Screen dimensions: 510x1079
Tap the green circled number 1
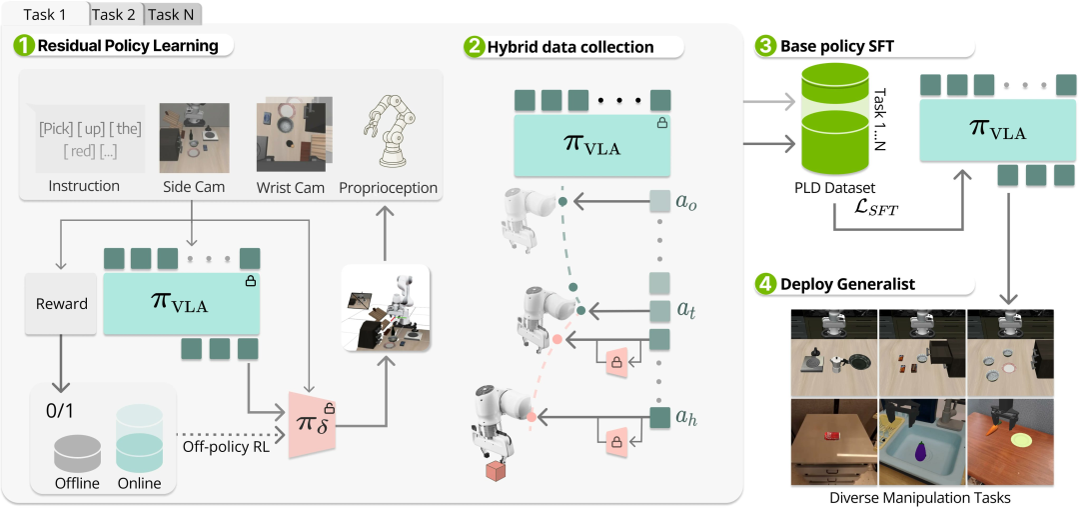[22, 45]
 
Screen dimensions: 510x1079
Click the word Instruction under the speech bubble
[84, 186]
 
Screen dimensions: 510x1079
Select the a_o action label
[686, 203]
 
